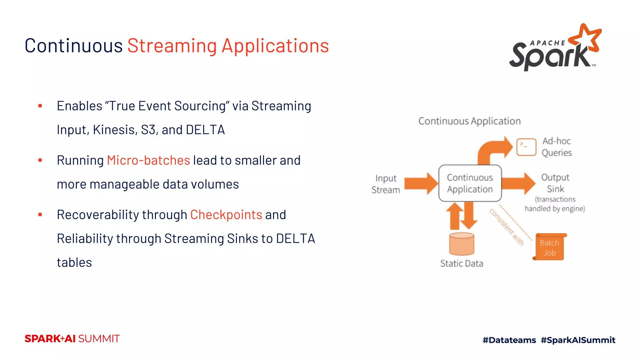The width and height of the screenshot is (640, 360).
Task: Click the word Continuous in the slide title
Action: [x=74, y=46]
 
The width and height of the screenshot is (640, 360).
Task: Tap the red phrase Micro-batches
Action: [x=148, y=160]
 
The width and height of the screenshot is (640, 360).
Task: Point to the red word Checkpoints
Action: [x=226, y=215]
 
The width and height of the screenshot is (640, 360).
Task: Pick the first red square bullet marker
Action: [x=40, y=106]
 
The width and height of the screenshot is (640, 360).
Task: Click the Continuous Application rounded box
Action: [x=470, y=183]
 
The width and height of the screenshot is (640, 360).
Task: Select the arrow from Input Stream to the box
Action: [x=421, y=183]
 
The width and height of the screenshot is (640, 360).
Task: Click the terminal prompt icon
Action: [x=526, y=147]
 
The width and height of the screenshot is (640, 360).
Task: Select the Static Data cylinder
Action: [x=462, y=244]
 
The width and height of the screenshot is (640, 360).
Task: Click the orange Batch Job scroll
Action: [x=549, y=247]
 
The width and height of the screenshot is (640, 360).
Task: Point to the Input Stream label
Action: [x=386, y=184]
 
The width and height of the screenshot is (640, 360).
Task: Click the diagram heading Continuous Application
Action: [x=469, y=121]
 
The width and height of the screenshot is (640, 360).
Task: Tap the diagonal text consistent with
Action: [x=507, y=227]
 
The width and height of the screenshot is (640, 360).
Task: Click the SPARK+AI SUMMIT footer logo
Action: [x=72, y=339]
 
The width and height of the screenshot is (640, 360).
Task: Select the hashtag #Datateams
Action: [x=509, y=340]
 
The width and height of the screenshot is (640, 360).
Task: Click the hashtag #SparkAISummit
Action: [x=578, y=340]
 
